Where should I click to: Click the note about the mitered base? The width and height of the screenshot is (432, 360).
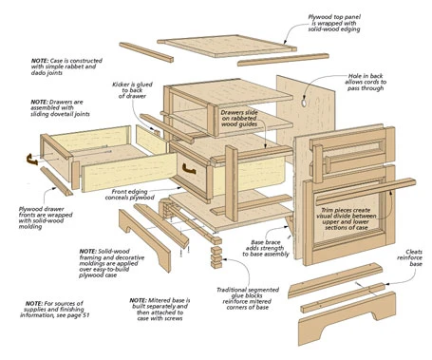point(162,312)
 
